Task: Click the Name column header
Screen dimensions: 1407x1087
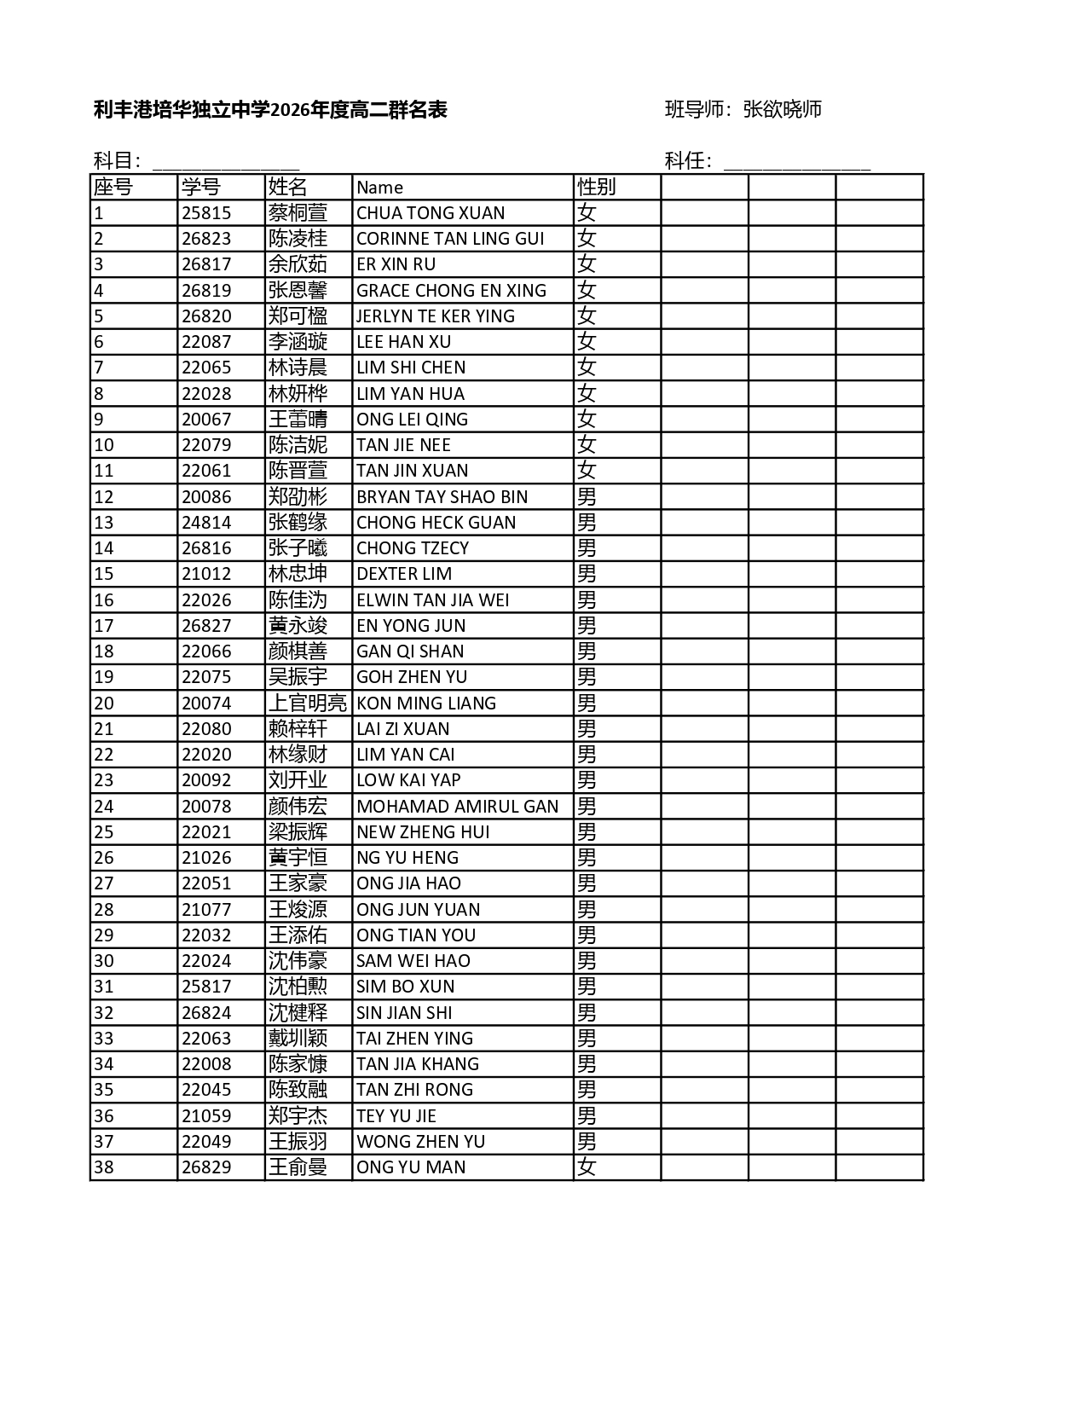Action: (380, 188)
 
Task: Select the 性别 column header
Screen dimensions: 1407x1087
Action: (596, 187)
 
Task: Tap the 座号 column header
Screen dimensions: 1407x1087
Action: (113, 187)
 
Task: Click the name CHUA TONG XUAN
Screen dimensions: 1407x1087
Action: (431, 213)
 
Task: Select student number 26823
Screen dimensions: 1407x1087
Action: (206, 239)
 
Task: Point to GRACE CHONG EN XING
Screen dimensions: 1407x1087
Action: (451, 291)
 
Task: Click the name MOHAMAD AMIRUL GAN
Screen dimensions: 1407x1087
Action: (457, 807)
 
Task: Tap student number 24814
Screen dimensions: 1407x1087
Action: (206, 523)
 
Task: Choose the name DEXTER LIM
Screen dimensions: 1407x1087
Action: (404, 574)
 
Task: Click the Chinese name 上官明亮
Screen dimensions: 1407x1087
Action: (308, 703)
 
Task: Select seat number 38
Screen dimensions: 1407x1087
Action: (104, 1167)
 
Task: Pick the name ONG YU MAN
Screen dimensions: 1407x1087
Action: (411, 1167)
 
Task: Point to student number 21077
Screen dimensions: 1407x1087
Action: (206, 910)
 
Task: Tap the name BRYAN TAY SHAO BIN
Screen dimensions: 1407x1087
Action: (442, 497)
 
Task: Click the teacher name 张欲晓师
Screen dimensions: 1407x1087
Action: (782, 109)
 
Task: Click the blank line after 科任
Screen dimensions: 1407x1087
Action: (796, 162)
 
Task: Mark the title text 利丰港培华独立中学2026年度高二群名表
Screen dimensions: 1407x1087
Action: (270, 109)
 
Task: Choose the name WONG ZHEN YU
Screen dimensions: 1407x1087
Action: (420, 1142)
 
